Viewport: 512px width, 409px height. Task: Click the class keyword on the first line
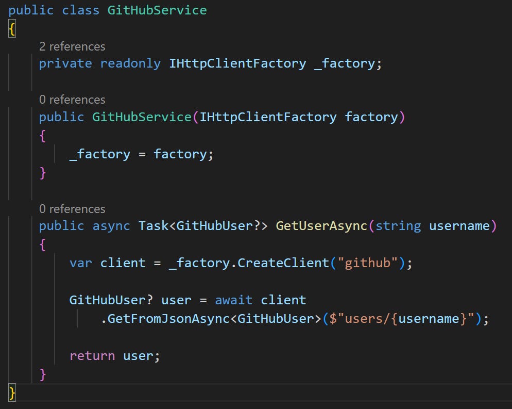point(81,10)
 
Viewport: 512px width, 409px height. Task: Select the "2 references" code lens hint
point(72,46)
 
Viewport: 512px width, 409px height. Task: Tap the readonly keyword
point(130,63)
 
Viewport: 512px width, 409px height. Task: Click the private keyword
point(65,63)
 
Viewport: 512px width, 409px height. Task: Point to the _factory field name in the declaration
point(345,63)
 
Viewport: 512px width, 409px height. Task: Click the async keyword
point(111,225)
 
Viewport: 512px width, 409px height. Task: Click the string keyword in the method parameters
point(398,225)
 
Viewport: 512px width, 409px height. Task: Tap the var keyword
point(81,263)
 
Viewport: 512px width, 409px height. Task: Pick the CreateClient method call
point(283,263)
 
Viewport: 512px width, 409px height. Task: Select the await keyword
point(234,300)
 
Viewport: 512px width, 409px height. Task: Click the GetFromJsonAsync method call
point(168,319)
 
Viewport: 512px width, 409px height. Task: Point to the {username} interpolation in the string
point(429,319)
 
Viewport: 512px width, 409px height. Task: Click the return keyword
point(92,356)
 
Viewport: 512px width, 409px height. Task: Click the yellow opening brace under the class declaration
point(12,29)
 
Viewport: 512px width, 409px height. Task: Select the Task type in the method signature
point(153,225)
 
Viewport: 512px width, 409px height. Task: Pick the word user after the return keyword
point(138,356)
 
